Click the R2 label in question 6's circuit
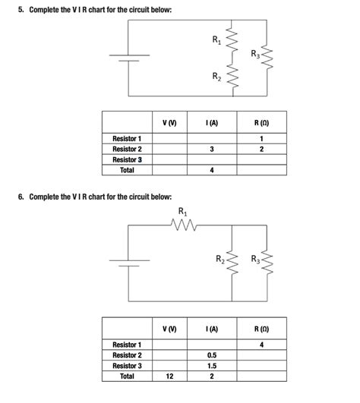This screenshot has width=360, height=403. click(220, 260)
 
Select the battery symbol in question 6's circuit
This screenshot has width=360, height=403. click(128, 263)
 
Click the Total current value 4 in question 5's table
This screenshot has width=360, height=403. click(211, 170)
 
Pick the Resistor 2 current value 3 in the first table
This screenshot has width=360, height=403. click(211, 149)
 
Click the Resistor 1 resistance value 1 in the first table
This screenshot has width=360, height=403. click(261, 138)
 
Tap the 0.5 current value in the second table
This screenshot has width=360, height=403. click(211, 354)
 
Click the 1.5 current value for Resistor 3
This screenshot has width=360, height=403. click(211, 365)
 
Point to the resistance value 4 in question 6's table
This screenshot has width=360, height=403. click(261, 345)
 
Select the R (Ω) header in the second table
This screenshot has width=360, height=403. click(261, 328)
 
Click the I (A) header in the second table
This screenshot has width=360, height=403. click(211, 328)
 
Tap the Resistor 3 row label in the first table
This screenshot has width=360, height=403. click(127, 159)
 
